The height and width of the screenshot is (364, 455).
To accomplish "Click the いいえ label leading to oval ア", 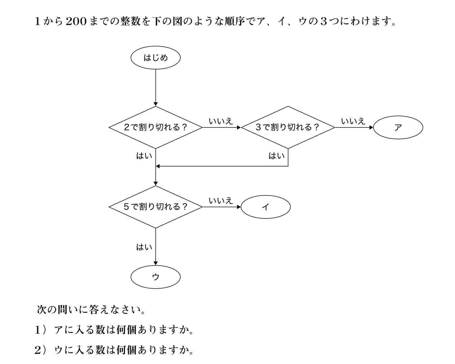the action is pos(353,121).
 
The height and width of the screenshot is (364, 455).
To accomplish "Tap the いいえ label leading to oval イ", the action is pos(221,201).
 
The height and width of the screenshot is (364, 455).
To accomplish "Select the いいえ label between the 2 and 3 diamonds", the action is pos(221,121).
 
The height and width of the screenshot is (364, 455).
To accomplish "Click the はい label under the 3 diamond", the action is pos(277,156).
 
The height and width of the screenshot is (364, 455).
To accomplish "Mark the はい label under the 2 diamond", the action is pos(144,156).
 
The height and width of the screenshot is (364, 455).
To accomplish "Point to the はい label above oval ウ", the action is pos(144,247).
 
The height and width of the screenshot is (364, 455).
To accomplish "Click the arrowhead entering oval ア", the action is pos(371,127).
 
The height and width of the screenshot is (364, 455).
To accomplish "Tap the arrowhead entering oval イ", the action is pos(239,207).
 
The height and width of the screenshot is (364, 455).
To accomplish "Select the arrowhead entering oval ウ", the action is pos(156,263).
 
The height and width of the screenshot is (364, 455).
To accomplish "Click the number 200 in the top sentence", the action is pos(76,21).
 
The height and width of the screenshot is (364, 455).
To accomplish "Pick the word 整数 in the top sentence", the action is pos(130,21).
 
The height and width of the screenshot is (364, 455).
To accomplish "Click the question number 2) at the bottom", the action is pos(40,350).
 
